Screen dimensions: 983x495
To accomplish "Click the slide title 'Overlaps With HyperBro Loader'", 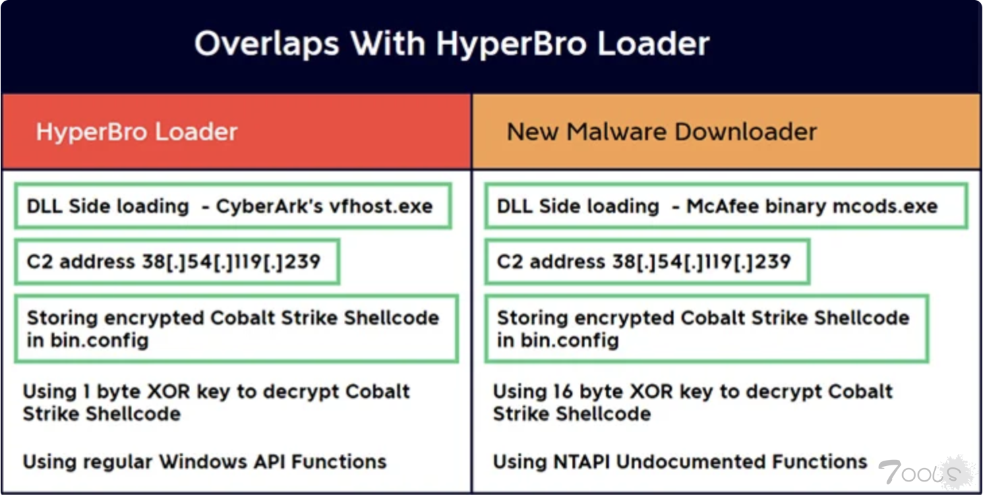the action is click(x=452, y=45).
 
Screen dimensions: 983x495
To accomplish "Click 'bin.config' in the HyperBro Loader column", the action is click(x=100, y=341).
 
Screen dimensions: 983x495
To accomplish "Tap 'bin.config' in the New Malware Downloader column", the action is click(x=570, y=341).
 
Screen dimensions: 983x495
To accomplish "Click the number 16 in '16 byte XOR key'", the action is click(x=562, y=391).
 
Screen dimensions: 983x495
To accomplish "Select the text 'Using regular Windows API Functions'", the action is click(x=204, y=462).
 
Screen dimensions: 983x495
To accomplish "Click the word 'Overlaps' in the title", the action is click(x=267, y=45).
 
